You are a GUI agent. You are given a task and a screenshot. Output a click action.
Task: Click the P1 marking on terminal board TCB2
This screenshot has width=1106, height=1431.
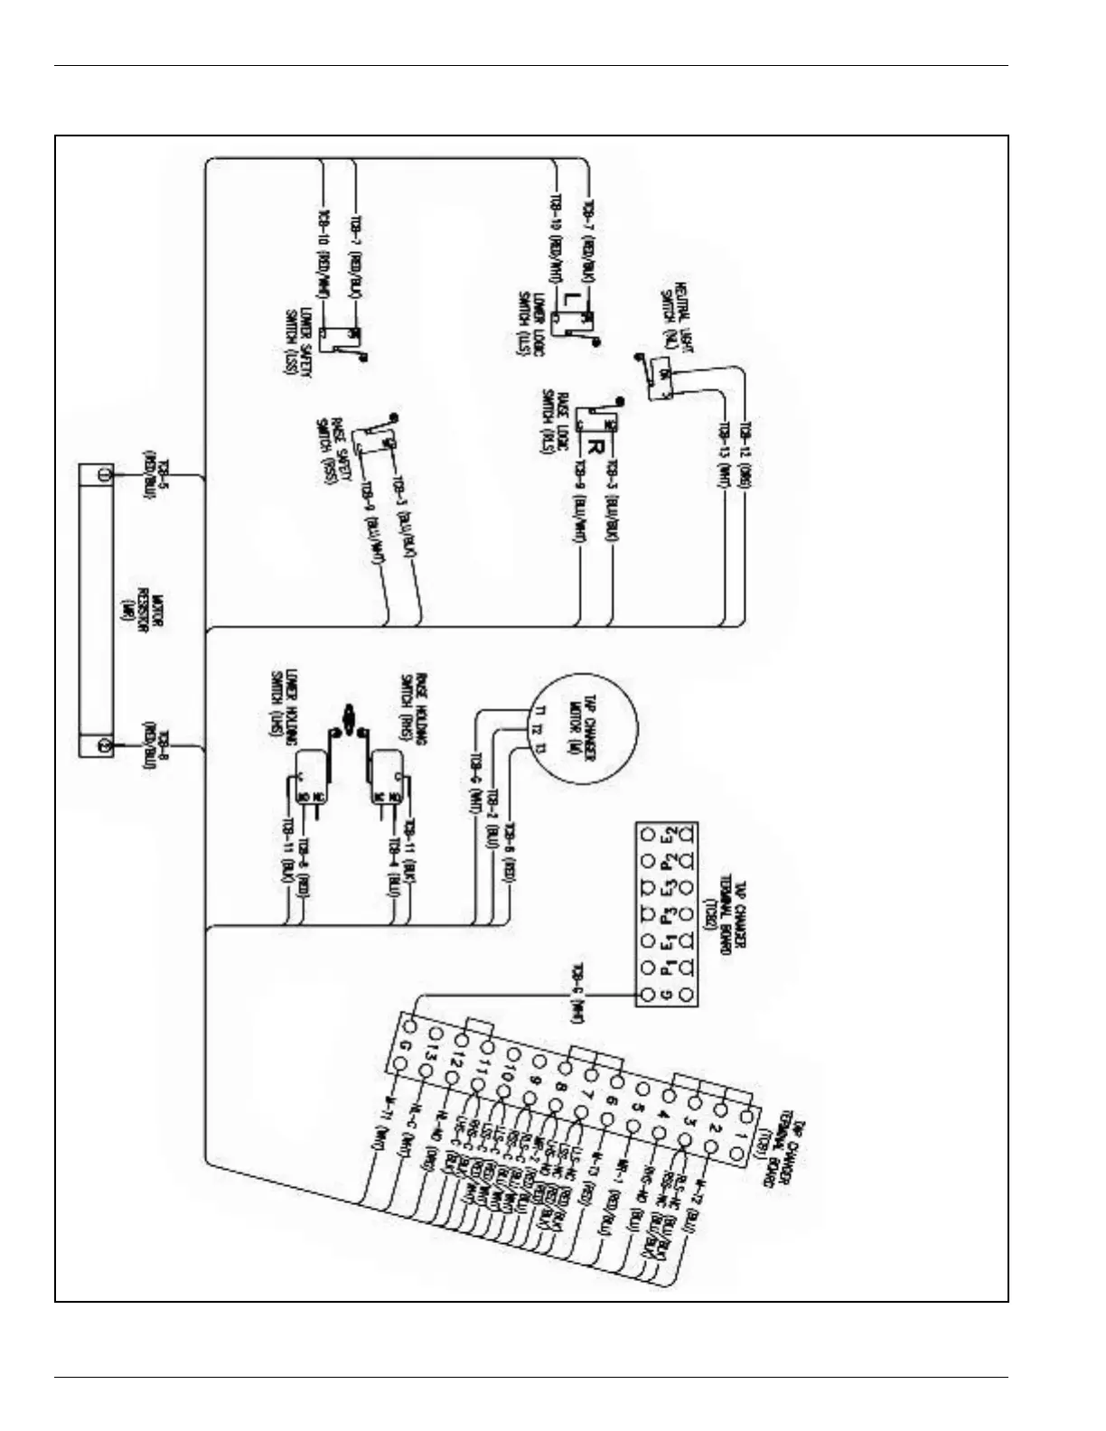667,968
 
